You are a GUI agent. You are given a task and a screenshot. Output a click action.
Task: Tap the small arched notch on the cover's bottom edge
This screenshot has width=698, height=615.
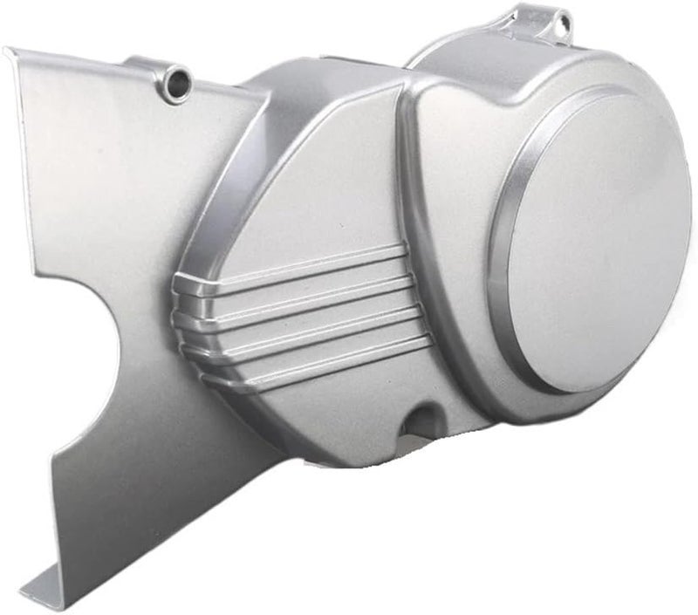[422, 416]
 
